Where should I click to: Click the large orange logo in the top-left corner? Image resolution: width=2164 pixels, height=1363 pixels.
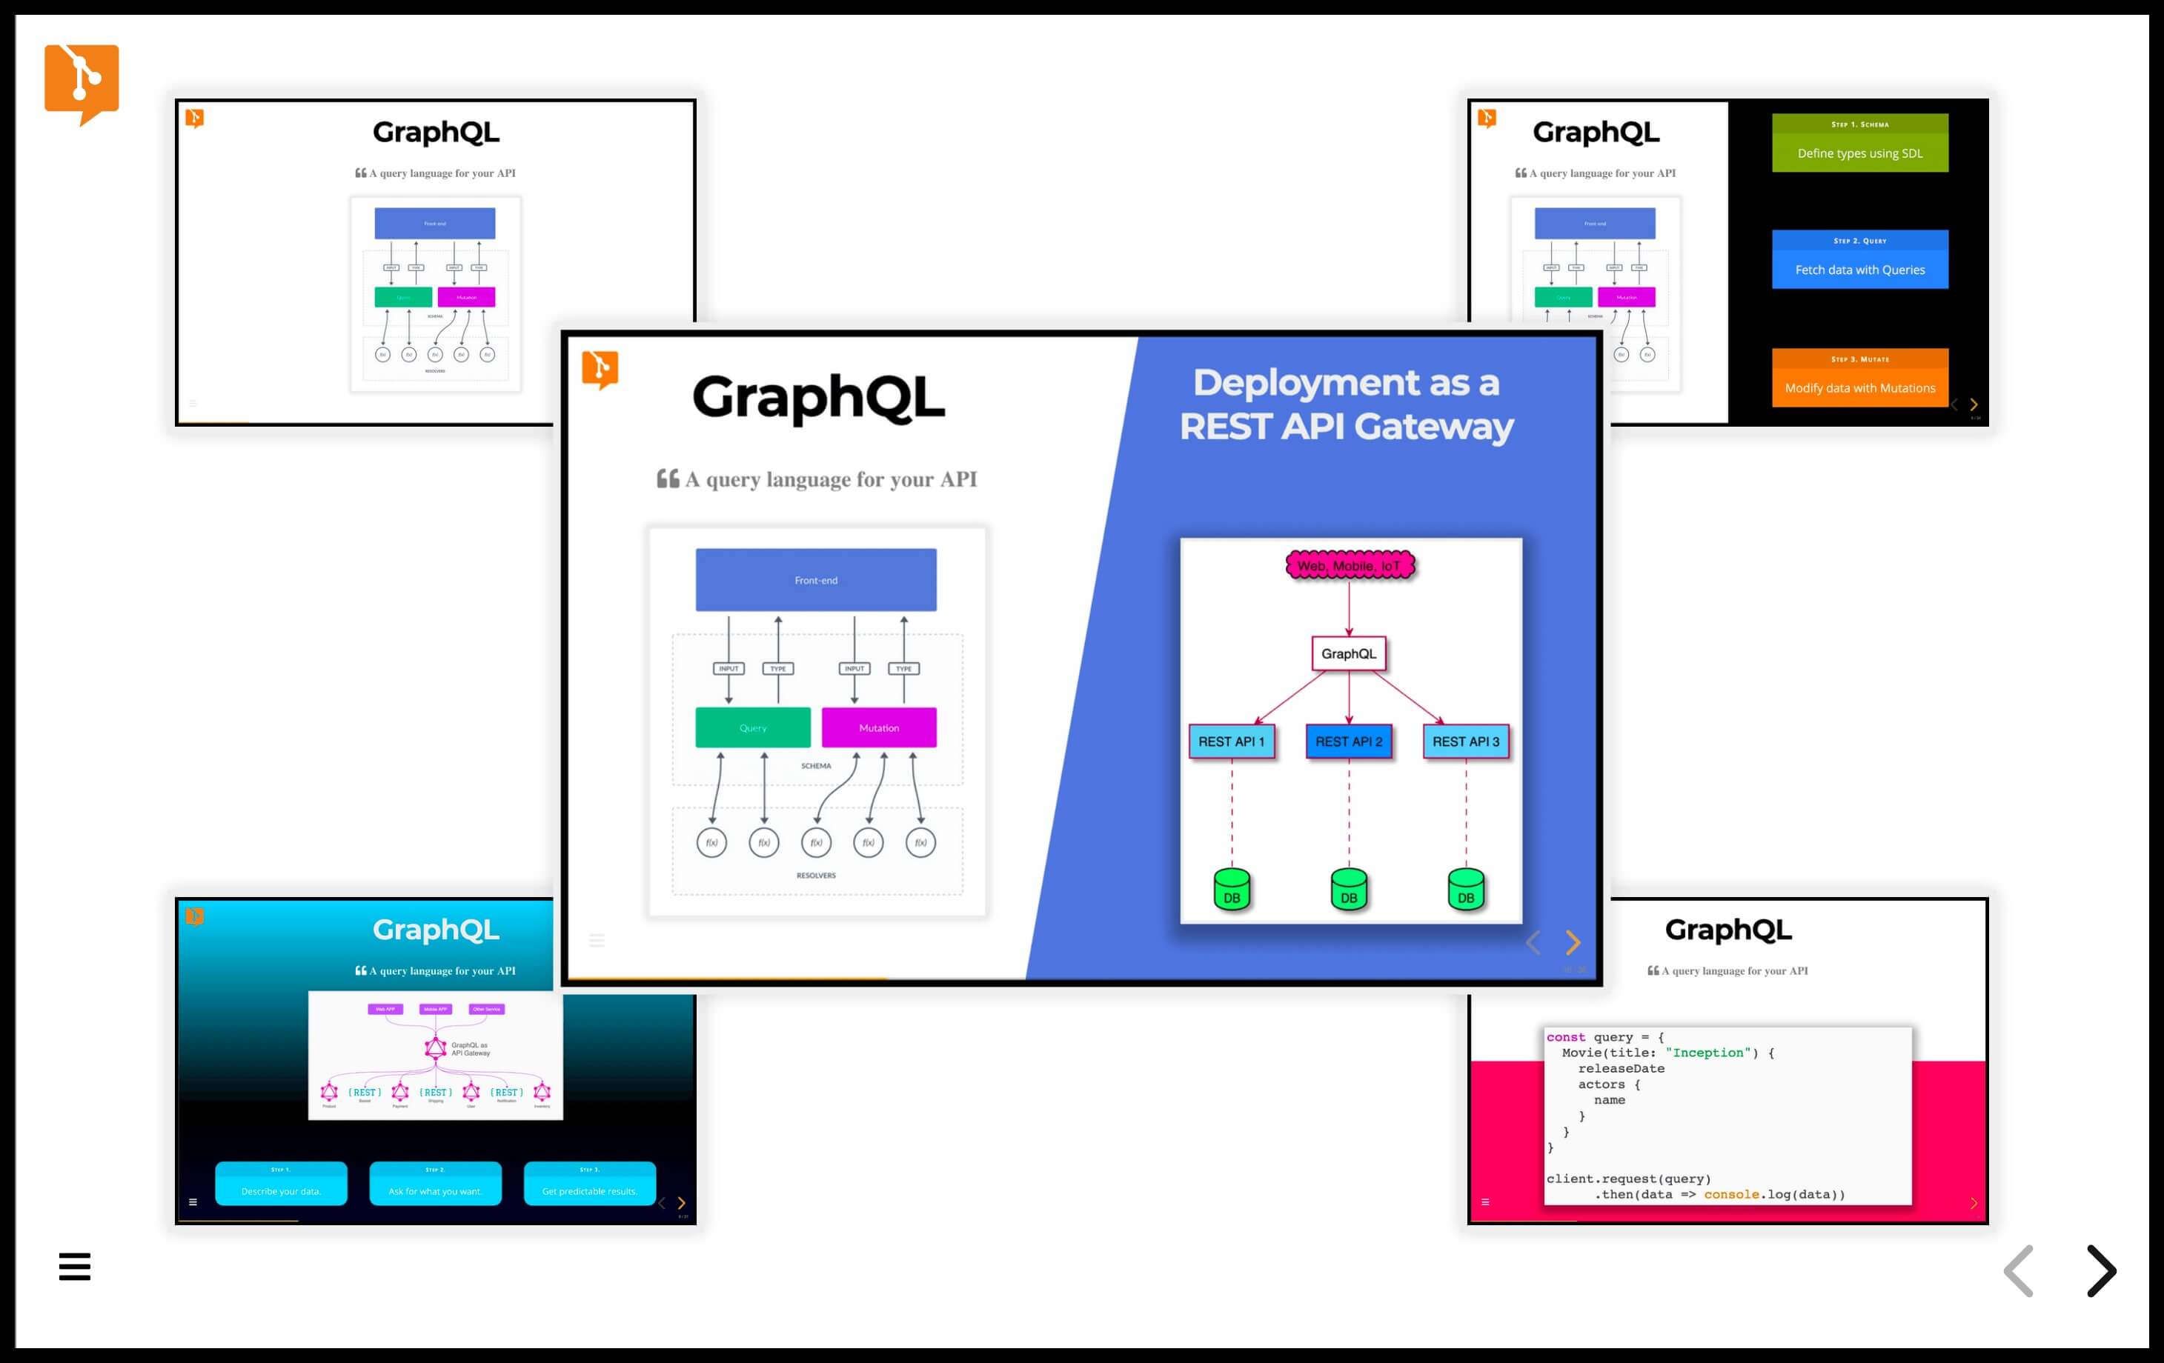click(81, 83)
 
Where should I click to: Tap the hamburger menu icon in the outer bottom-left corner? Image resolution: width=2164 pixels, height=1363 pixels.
click(75, 1266)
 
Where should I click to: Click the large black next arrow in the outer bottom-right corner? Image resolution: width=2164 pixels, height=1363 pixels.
click(2100, 1270)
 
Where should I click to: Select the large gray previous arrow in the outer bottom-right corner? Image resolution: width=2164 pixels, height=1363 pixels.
click(2019, 1270)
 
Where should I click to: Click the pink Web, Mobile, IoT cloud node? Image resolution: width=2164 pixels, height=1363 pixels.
click(1349, 565)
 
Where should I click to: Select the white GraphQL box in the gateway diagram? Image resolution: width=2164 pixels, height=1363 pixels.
click(1348, 653)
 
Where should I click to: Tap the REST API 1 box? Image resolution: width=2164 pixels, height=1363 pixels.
click(1231, 742)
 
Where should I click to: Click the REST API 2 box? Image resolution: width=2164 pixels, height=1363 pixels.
click(1349, 742)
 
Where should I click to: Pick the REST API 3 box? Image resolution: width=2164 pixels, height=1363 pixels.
click(1466, 742)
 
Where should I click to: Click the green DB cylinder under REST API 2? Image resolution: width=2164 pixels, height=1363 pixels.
click(1349, 890)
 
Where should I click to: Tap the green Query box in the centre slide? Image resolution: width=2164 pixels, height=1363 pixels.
click(752, 727)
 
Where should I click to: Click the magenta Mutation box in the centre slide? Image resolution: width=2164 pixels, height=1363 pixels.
click(878, 727)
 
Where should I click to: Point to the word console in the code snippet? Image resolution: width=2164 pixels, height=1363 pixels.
click(1731, 1194)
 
